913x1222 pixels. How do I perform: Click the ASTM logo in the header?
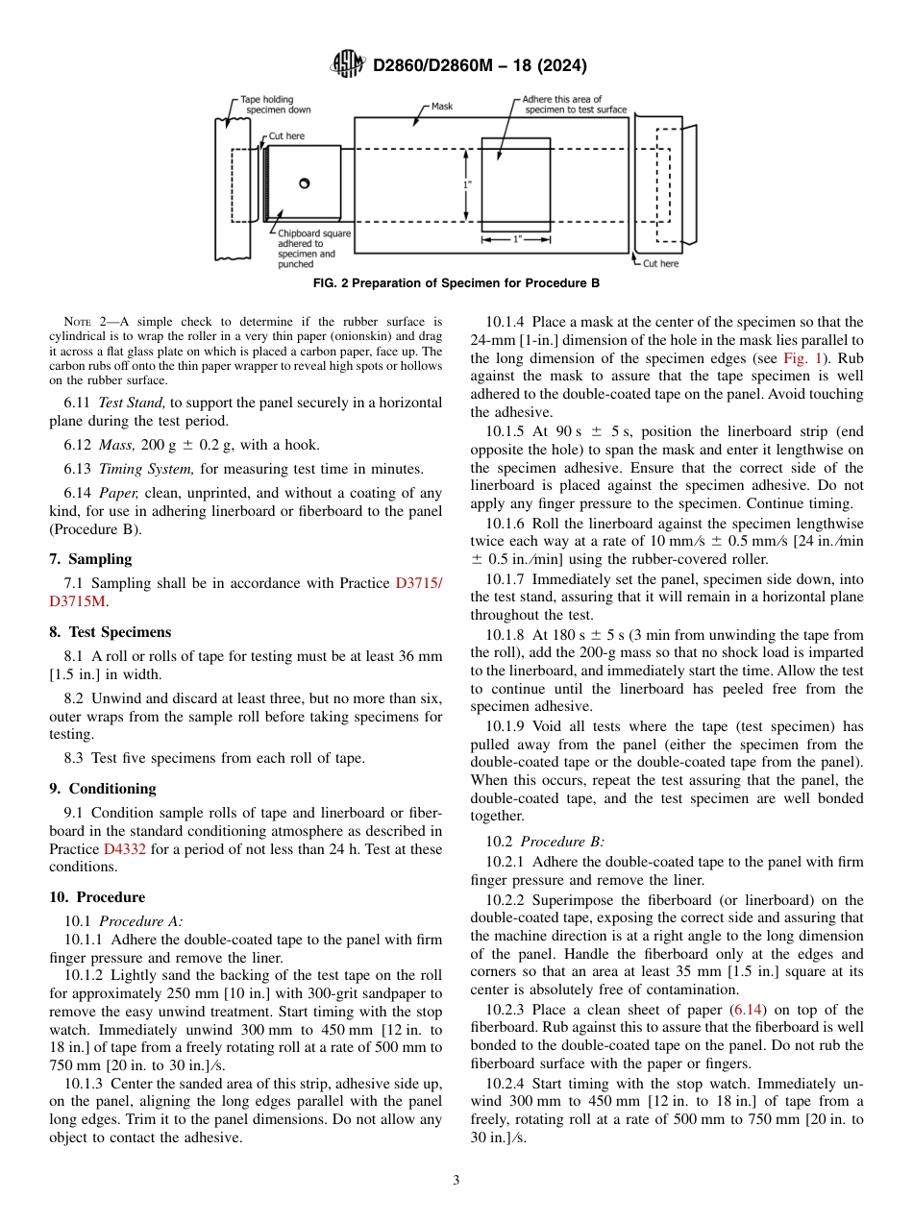tap(347, 64)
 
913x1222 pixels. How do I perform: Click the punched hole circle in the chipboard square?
tap(304, 183)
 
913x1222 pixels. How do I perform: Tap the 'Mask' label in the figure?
tap(441, 107)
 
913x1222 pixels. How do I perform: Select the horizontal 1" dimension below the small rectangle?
tap(516, 239)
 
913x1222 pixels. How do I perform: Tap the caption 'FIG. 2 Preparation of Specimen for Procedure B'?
tap(456, 283)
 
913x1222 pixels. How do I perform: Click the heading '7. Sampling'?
tap(90, 559)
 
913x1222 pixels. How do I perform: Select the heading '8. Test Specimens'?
tap(110, 632)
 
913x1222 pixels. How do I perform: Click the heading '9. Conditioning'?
tap(102, 789)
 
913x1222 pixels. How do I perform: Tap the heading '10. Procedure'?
tap(97, 897)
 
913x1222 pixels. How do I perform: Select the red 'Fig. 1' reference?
tap(800, 358)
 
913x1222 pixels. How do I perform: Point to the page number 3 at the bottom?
tap(456, 1180)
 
